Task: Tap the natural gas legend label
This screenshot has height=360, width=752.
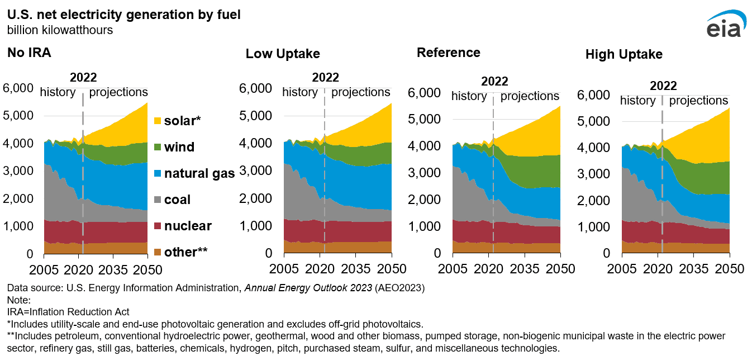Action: pyautogui.click(x=199, y=173)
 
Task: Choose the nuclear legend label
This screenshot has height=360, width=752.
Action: pyautogui.click(x=188, y=226)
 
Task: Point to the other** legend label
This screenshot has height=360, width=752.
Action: pyautogui.click(x=186, y=252)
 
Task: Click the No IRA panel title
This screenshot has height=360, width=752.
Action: pyautogui.click(x=29, y=54)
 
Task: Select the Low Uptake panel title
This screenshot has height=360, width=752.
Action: pyautogui.click(x=283, y=54)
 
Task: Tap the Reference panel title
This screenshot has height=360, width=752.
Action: pyautogui.click(x=448, y=53)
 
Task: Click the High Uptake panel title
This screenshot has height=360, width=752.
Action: pyautogui.click(x=624, y=54)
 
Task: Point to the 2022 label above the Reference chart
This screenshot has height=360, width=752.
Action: pyautogui.click(x=494, y=82)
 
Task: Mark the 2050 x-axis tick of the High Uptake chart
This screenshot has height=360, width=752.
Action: pyautogui.click(x=730, y=268)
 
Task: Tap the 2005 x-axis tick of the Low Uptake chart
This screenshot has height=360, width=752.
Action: pyautogui.click(x=284, y=269)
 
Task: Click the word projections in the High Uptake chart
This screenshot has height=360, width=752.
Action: pyautogui.click(x=698, y=101)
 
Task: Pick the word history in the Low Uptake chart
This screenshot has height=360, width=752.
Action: pyautogui.click(x=300, y=92)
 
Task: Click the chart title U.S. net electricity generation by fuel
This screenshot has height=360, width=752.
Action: pyautogui.click(x=124, y=15)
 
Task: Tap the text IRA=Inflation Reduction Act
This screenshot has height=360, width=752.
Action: pyautogui.click(x=68, y=311)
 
